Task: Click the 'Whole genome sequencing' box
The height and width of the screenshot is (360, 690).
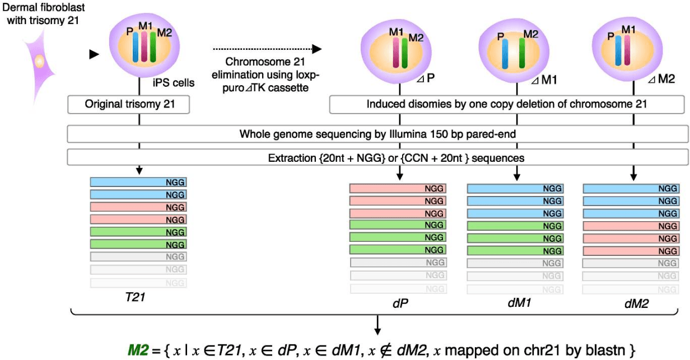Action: (x=376, y=134)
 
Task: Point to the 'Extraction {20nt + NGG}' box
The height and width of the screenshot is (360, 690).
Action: (x=376, y=158)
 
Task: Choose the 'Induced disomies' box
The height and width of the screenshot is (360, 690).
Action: (x=507, y=104)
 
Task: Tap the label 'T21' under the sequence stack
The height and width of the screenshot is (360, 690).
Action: (x=136, y=298)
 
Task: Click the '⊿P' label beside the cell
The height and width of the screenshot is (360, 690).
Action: (x=426, y=78)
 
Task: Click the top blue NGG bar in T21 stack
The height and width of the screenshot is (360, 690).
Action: (x=138, y=183)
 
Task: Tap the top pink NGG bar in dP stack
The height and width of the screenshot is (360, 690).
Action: (x=398, y=189)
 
